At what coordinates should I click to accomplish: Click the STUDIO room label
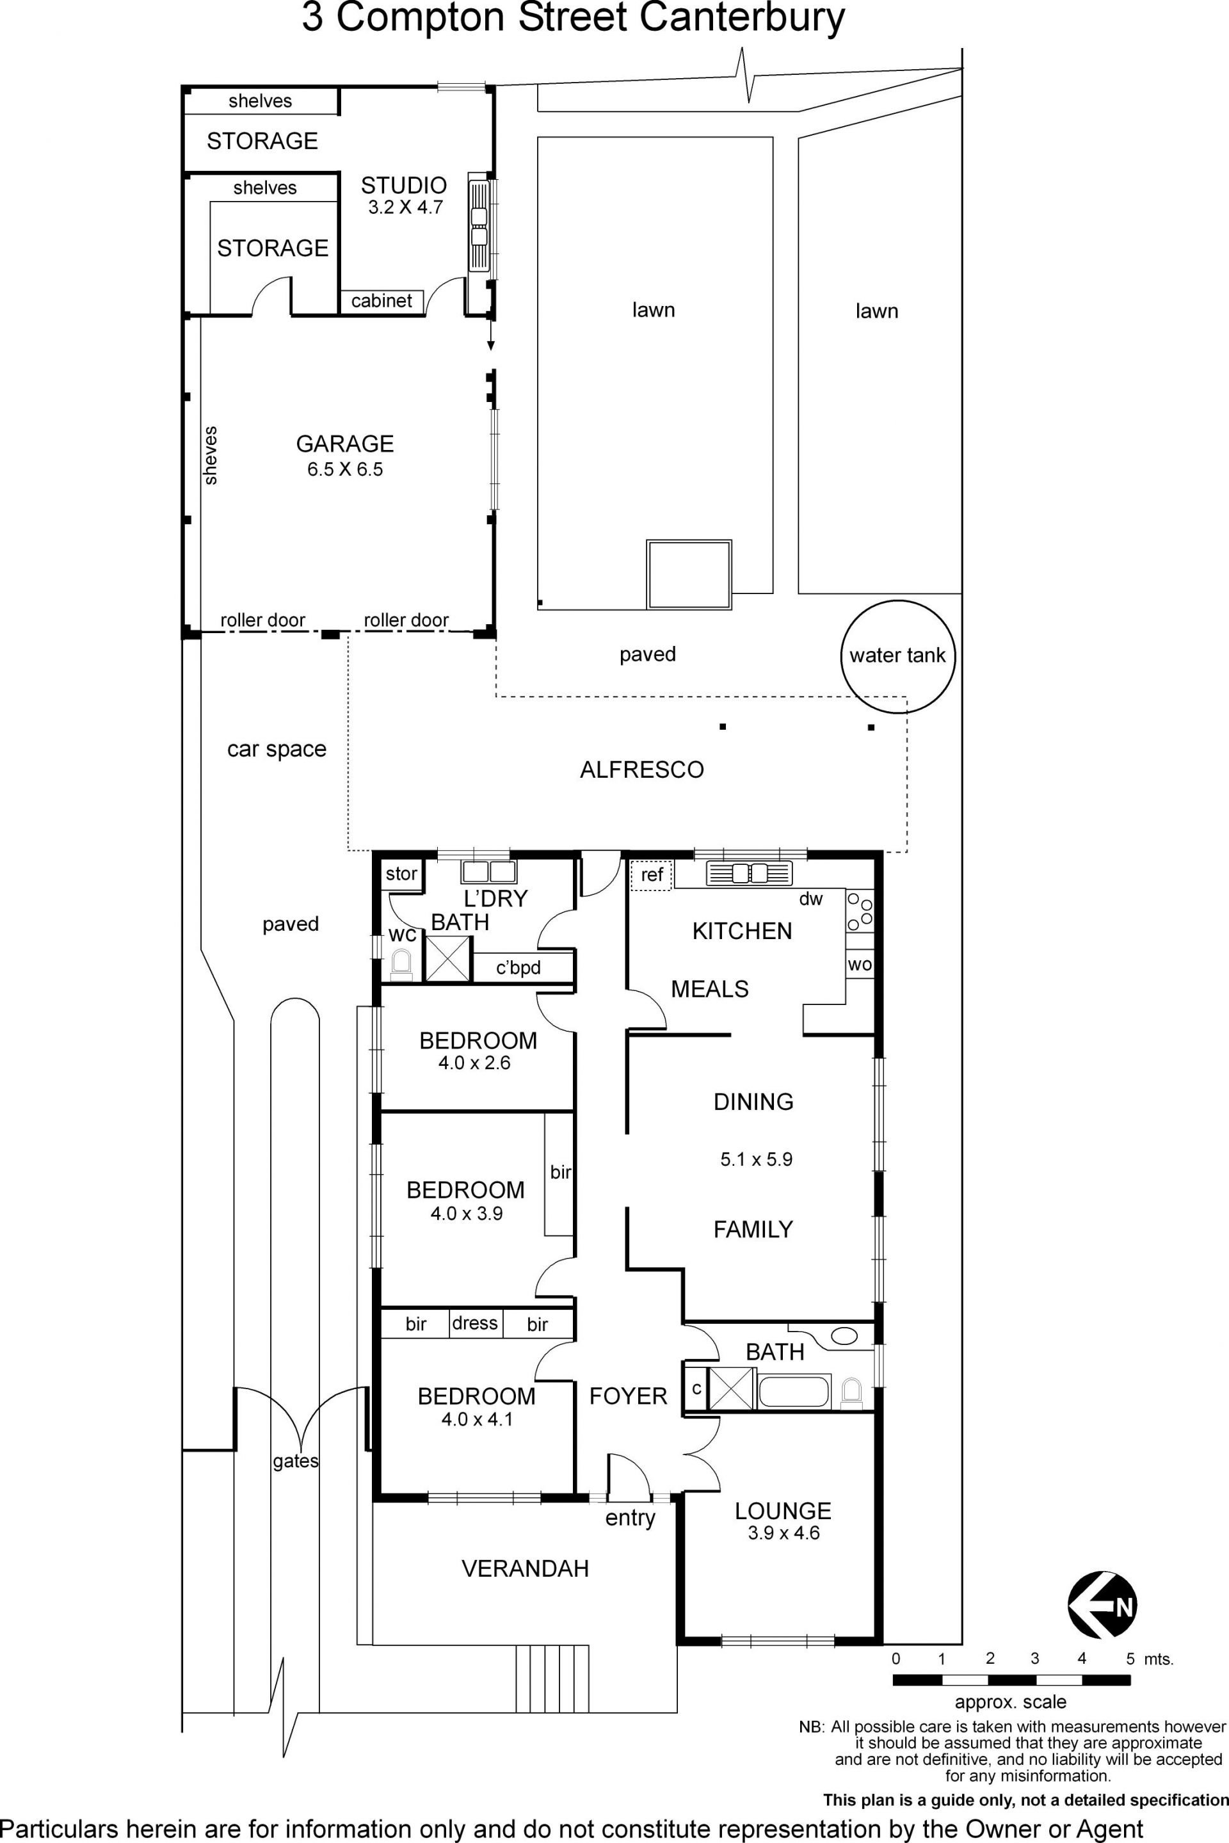point(404,185)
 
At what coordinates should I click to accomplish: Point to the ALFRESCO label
point(642,770)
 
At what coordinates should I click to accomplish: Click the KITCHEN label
point(743,931)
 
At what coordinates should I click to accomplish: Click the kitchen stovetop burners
point(859,910)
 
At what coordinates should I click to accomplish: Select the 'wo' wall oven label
point(860,964)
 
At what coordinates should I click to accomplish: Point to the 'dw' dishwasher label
point(811,899)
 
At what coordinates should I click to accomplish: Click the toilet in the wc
point(401,964)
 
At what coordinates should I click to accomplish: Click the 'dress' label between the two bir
point(475,1323)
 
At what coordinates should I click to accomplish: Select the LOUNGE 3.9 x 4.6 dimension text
point(783,1533)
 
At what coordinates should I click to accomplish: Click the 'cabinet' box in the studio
point(382,301)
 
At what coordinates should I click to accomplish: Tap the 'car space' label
point(277,750)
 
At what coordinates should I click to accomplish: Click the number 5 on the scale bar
point(1130,1659)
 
